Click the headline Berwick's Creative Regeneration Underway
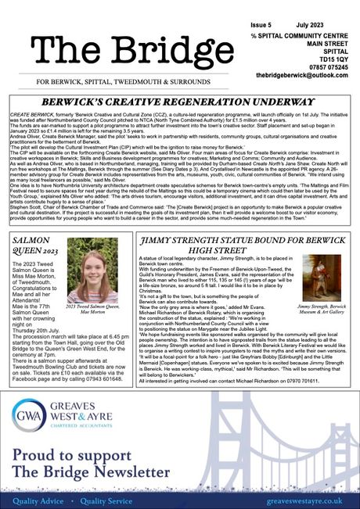coord(180,102)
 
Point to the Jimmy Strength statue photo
coord(321,278)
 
